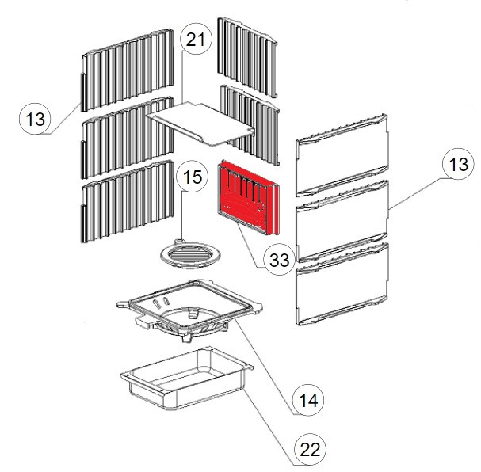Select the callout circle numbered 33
[x=277, y=261]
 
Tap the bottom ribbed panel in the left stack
[x=126, y=201]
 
